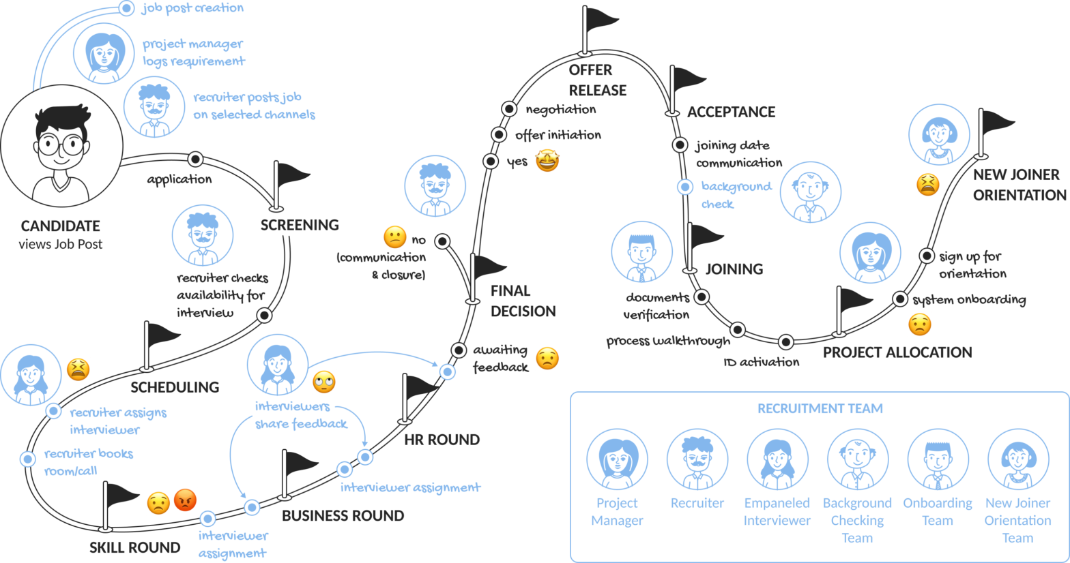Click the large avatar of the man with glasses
tap(62, 146)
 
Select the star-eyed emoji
tap(547, 161)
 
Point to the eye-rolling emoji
tap(324, 382)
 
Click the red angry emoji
tap(185, 501)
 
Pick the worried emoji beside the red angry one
tap(158, 504)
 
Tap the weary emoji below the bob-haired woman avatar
tap(927, 185)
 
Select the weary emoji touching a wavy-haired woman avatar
tap(78, 369)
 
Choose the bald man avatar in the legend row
tap(858, 459)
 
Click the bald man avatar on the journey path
tap(811, 192)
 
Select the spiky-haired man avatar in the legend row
tap(938, 459)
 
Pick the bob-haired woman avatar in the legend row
tap(1018, 459)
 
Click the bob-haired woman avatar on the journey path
tap(939, 134)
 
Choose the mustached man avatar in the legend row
tap(697, 459)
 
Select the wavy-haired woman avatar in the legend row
tap(778, 459)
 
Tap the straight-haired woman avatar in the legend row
tap(617, 459)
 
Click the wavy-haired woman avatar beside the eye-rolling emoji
tap(277, 365)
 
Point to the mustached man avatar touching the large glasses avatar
tap(154, 107)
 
